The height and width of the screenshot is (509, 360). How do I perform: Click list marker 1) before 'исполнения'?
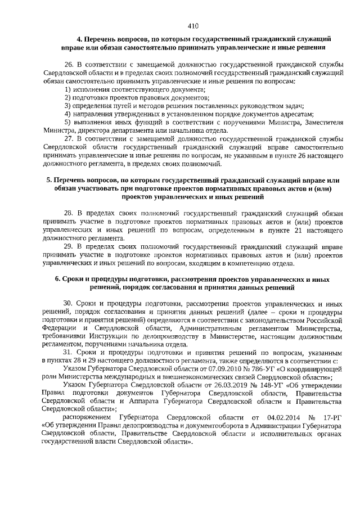click(68, 89)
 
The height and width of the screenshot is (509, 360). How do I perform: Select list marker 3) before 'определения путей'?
click(68, 105)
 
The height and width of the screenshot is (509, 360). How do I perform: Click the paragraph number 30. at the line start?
click(69, 303)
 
